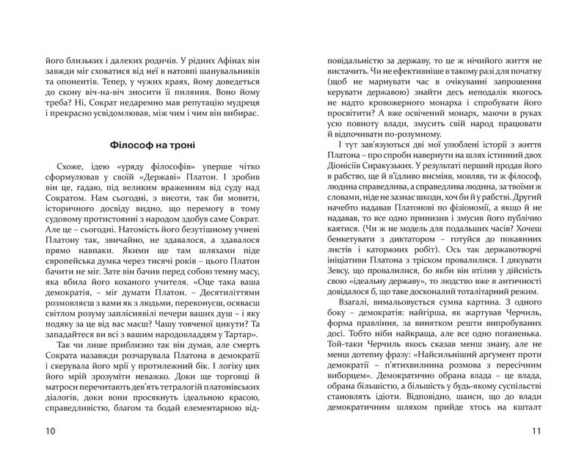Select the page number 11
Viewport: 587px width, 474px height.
pos(533,430)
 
